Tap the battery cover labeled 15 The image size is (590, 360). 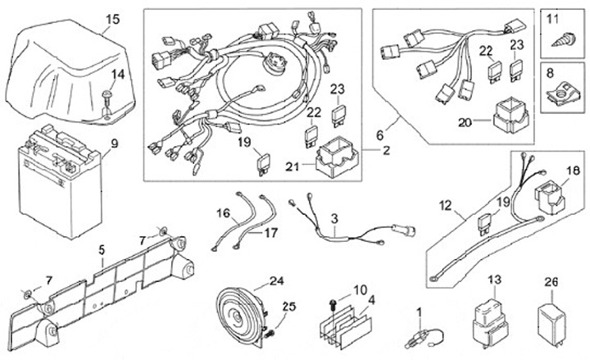click(70, 70)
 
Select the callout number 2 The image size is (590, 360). click(386, 151)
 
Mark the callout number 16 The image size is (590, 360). click(220, 212)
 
